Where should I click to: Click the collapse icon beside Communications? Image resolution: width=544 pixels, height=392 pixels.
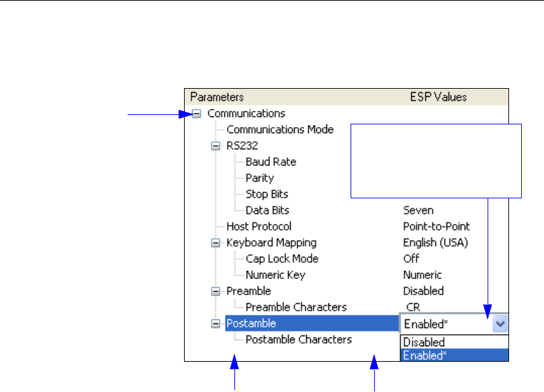coord(196,114)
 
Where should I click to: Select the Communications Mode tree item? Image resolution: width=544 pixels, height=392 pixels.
coord(279,129)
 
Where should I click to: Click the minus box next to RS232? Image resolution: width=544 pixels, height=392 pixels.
coord(215,145)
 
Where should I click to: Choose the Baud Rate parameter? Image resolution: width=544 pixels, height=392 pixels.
coord(271,161)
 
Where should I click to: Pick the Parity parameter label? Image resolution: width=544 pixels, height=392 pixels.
coord(259,178)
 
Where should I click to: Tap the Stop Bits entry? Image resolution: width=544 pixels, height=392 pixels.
coord(267,194)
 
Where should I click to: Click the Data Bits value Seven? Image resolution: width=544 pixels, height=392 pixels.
coord(418,210)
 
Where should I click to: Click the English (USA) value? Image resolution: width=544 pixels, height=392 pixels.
coord(435,243)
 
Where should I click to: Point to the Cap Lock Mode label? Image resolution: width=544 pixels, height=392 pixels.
coord(281,259)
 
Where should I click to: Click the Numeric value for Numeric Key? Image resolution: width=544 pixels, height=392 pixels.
coord(422,275)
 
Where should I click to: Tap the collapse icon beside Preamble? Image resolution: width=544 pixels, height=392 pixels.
coord(215,291)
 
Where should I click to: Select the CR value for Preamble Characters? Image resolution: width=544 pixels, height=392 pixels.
coord(413,307)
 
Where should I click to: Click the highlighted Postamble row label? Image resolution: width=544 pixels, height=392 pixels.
coord(242,323)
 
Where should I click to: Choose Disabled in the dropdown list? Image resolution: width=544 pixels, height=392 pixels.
coord(424,342)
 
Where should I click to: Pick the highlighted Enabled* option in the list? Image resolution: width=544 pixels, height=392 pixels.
coord(425,355)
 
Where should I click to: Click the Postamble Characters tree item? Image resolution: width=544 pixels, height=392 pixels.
coord(298,340)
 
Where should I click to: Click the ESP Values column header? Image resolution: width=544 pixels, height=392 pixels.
coord(438,97)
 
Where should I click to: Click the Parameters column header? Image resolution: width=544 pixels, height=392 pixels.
coord(217,97)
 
